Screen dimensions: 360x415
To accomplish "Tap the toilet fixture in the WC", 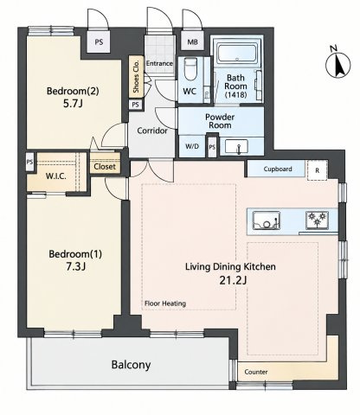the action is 190,69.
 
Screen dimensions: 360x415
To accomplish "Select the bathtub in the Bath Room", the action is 236,54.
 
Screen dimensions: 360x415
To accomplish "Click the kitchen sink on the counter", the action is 267,220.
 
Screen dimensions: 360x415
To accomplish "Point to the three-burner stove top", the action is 317,220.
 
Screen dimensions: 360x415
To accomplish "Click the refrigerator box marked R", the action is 317,170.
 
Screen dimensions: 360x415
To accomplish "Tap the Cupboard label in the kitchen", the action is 278,169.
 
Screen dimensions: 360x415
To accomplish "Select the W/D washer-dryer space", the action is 192,146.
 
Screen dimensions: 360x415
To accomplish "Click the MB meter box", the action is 192,42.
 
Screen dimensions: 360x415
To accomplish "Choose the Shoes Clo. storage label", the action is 137,76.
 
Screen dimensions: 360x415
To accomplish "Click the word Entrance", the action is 159,63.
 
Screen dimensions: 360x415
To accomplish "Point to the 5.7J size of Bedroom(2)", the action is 73,104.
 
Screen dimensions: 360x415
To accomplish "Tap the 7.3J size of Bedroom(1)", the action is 75,266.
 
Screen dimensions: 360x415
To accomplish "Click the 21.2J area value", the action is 233,280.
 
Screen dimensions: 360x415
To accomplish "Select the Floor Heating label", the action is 165,303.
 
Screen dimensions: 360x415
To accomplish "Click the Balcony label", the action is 131,365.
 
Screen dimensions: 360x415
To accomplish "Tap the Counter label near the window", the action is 256,372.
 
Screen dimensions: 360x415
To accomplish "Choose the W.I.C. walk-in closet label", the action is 56,176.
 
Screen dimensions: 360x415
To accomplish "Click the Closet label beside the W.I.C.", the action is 105,167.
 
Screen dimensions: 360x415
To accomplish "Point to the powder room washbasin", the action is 236,146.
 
